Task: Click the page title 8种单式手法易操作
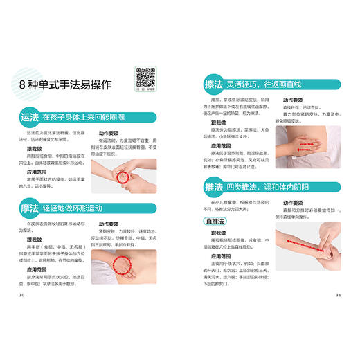pos(67,85)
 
